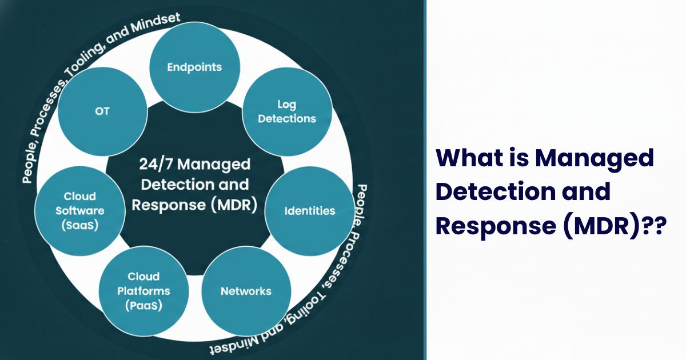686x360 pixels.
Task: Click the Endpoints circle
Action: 194,67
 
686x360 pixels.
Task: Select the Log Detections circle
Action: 287,112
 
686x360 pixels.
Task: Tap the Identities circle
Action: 310,211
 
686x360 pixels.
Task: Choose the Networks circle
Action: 246,291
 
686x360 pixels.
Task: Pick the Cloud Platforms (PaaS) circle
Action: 143,291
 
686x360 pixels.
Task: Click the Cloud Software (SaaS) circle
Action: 80,211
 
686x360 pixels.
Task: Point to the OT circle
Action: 102,111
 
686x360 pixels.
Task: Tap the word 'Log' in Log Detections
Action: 286,105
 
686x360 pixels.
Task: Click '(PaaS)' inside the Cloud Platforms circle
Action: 143,306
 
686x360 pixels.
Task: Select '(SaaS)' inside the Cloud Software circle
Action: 80,225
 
